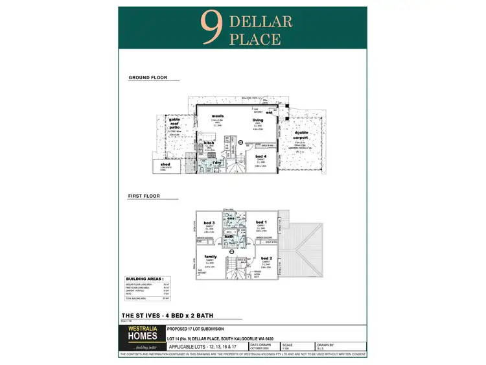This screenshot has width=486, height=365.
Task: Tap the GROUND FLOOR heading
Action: pyautogui.click(x=148, y=78)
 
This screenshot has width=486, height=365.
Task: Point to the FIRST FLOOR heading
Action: pyautogui.click(x=144, y=196)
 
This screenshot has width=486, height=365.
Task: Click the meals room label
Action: pyautogui.click(x=217, y=116)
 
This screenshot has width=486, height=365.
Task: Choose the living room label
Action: pyautogui.click(x=258, y=120)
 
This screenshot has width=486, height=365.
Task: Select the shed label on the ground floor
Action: pyautogui.click(x=165, y=165)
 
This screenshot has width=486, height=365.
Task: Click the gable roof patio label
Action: pyautogui.click(x=174, y=124)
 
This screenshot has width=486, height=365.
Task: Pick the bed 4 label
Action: pyautogui.click(x=260, y=156)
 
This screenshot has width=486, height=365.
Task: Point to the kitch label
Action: pyautogui.click(x=209, y=143)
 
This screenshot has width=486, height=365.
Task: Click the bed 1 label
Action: pyautogui.click(x=261, y=222)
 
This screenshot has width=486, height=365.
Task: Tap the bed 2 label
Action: pyautogui.click(x=266, y=258)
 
